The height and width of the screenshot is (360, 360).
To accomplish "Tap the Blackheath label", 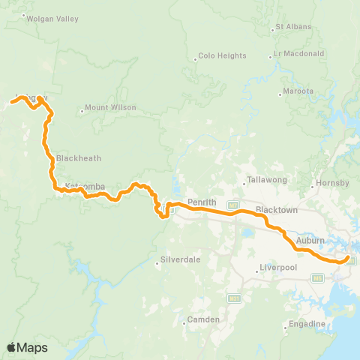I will click(78, 158).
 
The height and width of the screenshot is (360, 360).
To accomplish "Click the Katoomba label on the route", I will click(84, 186).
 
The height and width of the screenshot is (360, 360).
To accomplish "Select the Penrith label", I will click(202, 202).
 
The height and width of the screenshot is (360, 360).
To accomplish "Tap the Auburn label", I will click(310, 241).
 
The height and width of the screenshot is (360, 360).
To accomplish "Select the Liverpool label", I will click(280, 267).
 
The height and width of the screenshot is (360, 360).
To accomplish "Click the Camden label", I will click(205, 319).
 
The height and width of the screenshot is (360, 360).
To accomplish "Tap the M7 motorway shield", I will click(232, 205).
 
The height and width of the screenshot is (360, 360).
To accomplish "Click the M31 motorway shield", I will click(235, 299).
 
